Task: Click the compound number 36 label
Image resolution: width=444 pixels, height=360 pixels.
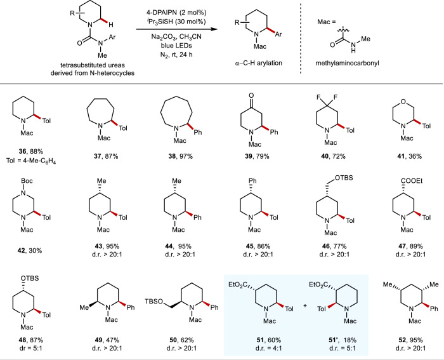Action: tap(19, 159)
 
